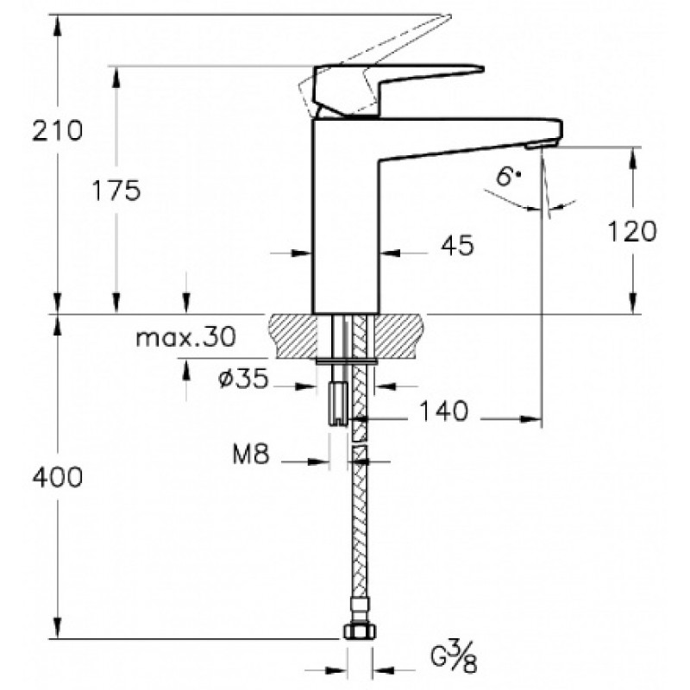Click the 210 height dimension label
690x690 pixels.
[57, 131]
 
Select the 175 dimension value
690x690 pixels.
[116, 191]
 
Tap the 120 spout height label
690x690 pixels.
[632, 231]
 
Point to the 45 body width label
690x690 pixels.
[458, 245]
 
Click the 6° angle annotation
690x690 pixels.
[508, 177]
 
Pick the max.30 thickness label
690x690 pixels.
[186, 337]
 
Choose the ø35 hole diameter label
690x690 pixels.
[243, 379]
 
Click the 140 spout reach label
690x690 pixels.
[443, 411]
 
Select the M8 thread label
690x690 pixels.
[250, 454]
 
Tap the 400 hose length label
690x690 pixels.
[57, 477]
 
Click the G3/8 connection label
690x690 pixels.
[454, 658]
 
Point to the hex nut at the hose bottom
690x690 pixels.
[360, 631]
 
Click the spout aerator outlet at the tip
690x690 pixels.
[541, 144]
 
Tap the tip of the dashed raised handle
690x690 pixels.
[450, 16]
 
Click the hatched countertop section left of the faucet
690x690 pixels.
[292, 336]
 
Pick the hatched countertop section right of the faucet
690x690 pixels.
[399, 336]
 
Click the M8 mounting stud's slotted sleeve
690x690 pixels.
[337, 403]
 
